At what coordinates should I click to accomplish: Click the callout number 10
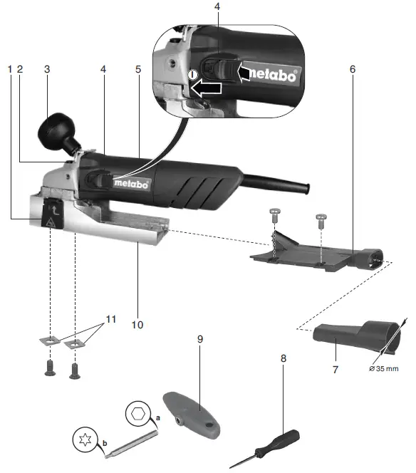pyautogui.click(x=137, y=325)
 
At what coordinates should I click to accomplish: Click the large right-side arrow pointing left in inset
pyautogui.click(x=254, y=71)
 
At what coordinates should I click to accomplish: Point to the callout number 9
pyautogui.click(x=200, y=339)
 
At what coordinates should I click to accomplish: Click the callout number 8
pyautogui.click(x=284, y=358)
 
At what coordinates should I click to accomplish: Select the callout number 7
pyautogui.click(x=335, y=370)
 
